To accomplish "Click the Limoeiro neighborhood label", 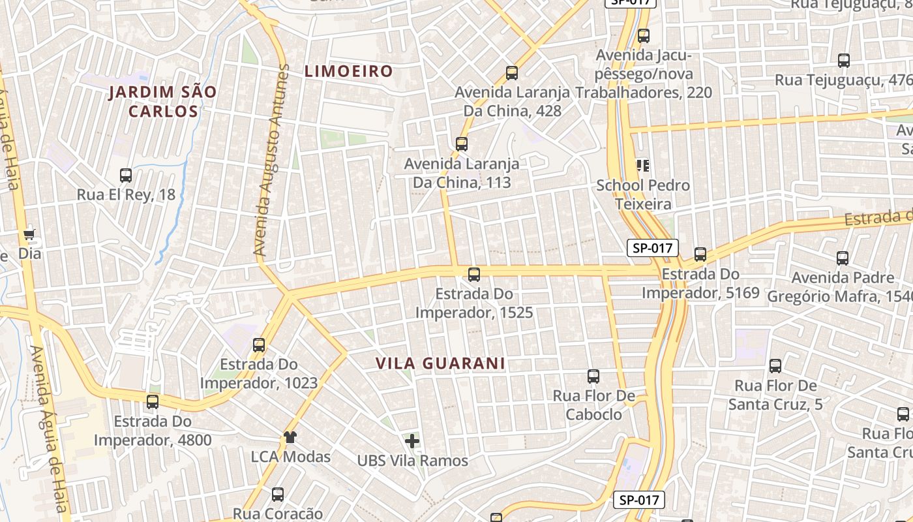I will click(349, 71).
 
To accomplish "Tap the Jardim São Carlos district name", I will click(162, 101).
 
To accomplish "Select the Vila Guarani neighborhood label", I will click(440, 363).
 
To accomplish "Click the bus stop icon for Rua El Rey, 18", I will click(126, 176).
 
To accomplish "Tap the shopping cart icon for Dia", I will click(29, 234).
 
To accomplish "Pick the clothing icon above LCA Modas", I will click(290, 437).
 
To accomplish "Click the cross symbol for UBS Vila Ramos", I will click(412, 441).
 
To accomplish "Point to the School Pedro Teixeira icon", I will click(643, 166).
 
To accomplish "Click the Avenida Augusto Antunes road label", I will click(271, 160).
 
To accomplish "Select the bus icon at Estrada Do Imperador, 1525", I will click(474, 275).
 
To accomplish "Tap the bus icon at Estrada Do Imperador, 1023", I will click(259, 345).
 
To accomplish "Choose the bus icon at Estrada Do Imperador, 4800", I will click(153, 402).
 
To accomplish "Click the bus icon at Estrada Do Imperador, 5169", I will click(700, 254).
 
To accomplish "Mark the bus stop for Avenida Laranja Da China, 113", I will click(462, 144).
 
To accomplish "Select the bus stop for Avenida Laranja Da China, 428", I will click(512, 73).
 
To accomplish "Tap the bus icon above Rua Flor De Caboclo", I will click(593, 376).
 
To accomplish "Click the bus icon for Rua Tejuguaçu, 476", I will click(844, 61).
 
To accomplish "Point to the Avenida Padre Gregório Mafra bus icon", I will click(843, 258).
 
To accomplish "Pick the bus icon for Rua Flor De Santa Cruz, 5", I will click(775, 367).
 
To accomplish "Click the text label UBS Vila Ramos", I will click(412, 461).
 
